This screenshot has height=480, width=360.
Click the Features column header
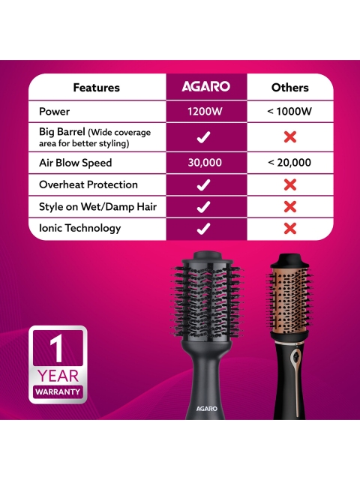[x=96, y=88]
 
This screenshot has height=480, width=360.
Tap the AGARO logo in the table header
[x=205, y=87]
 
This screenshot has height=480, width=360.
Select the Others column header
[x=290, y=88]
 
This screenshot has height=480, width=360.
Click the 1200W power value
[x=205, y=111]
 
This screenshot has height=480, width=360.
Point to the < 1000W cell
[x=289, y=111]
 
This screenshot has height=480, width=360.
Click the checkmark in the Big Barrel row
[x=203, y=136]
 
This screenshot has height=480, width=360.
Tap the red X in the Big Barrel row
[x=290, y=136]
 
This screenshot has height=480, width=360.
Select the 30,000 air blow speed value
[x=205, y=163]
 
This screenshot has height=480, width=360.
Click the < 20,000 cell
[x=289, y=163]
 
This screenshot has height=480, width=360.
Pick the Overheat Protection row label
[x=88, y=184]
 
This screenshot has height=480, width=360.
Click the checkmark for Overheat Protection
[x=203, y=184]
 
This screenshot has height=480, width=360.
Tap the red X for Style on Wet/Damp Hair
[x=290, y=207]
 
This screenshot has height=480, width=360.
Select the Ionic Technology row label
[x=80, y=228]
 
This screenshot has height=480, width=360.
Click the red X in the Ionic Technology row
[x=290, y=228]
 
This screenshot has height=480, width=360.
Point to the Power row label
[x=54, y=111]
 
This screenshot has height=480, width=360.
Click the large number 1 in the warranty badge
[x=57, y=348]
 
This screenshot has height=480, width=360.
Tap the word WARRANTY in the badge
[x=58, y=391]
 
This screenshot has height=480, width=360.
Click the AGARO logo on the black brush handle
[x=207, y=409]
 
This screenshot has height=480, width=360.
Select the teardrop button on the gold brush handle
[x=296, y=357]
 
